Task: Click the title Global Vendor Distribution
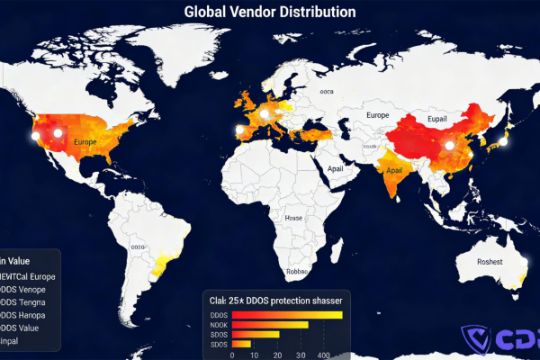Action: click(270, 12)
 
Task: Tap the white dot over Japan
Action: click(504, 140)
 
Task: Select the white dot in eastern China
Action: click(447, 145)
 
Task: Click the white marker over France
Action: click(264, 114)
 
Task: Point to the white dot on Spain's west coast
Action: click(239, 130)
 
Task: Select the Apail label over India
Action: click(394, 170)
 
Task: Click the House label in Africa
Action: click(293, 218)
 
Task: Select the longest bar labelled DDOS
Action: click(287, 314)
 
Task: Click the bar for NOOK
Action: click(270, 324)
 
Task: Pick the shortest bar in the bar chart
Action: click(241, 344)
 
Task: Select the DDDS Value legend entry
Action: click(25, 328)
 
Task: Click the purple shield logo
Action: click(474, 340)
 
